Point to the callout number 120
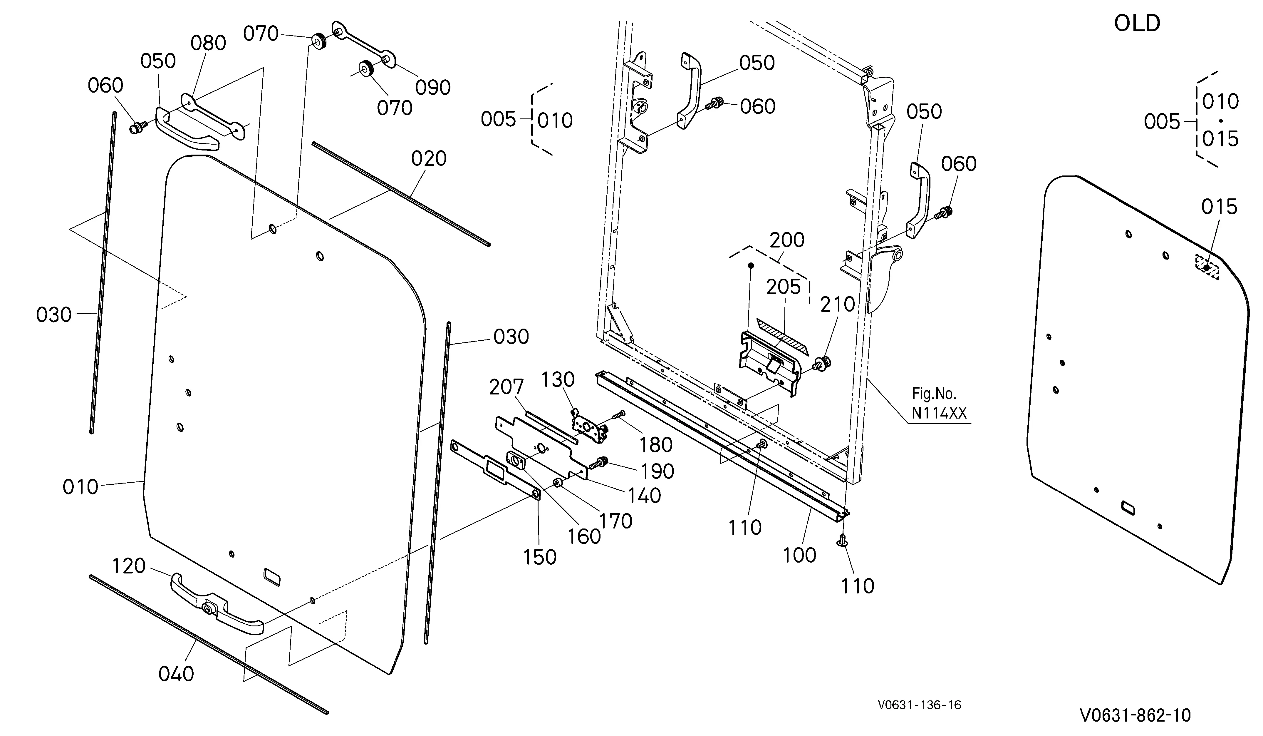[x=128, y=566]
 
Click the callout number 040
[x=176, y=674]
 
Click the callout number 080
[x=208, y=43]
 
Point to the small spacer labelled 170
[x=557, y=483]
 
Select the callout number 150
[x=540, y=557]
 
